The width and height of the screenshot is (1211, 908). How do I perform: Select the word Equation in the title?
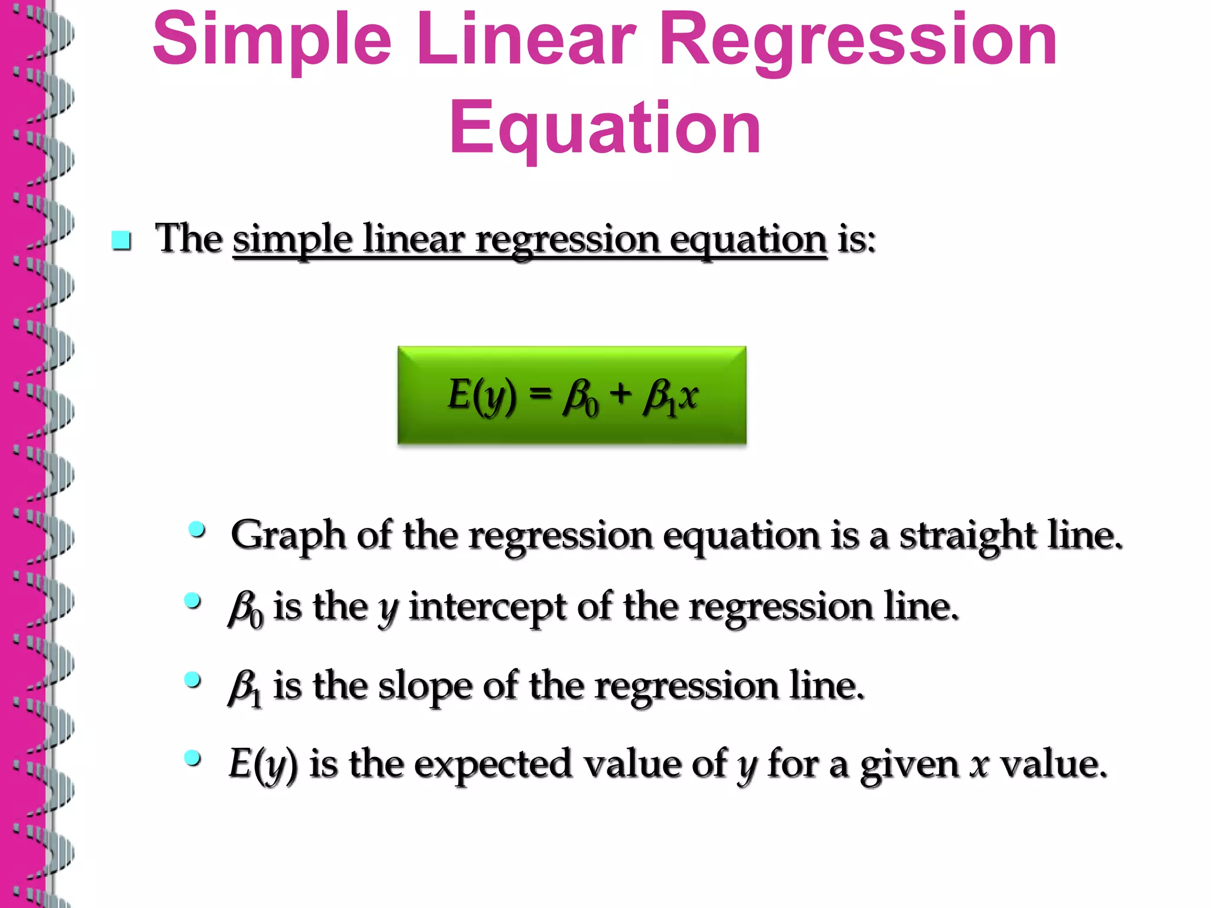(604, 128)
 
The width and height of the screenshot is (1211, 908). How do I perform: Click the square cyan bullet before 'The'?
(121, 241)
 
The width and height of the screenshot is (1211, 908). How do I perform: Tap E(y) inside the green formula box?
(481, 395)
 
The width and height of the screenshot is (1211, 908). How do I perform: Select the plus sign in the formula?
(620, 393)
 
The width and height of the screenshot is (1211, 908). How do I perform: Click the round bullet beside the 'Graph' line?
(197, 529)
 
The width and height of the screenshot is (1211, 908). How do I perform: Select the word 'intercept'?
(487, 608)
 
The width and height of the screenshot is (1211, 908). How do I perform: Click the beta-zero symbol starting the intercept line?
(245, 609)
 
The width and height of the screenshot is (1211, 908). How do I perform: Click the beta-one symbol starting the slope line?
(245, 688)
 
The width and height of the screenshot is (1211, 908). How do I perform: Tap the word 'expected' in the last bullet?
(493, 764)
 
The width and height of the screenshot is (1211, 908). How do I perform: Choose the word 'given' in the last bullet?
(909, 764)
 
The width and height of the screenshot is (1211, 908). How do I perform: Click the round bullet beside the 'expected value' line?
(192, 757)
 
